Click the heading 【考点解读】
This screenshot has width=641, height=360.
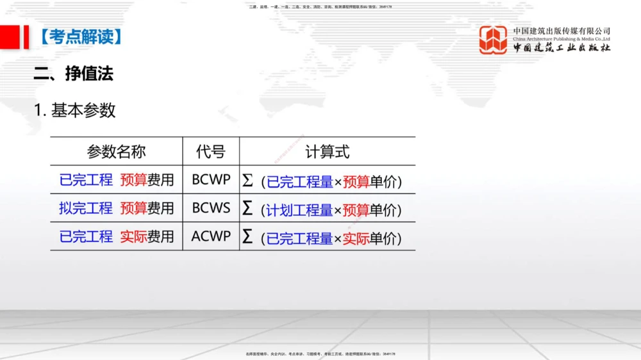tap(80, 37)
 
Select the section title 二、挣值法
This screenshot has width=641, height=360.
tap(73, 74)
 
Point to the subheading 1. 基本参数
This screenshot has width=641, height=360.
tap(75, 110)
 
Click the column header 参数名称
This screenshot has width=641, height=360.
tap(116, 152)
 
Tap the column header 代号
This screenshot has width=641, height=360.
tap(210, 152)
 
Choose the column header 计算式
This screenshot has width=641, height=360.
tap(327, 152)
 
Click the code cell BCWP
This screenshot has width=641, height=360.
tap(211, 180)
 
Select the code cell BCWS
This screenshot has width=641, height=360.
tap(211, 208)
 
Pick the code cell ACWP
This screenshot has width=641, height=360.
tap(211, 236)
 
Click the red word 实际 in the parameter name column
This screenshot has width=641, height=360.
tap(133, 237)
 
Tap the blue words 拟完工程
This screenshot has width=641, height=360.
tap(86, 208)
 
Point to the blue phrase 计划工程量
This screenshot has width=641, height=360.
tap(299, 210)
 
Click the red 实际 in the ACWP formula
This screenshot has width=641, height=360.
tap(356, 239)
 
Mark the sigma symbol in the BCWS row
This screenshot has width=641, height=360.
tap(247, 208)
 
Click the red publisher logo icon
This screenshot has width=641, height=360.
tap(493, 40)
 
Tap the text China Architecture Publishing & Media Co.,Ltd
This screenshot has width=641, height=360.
tap(562, 39)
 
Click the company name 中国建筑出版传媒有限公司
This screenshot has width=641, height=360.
tap(562, 31)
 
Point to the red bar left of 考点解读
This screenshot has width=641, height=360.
tap(26, 37)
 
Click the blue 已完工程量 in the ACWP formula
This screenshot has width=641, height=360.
tap(299, 239)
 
